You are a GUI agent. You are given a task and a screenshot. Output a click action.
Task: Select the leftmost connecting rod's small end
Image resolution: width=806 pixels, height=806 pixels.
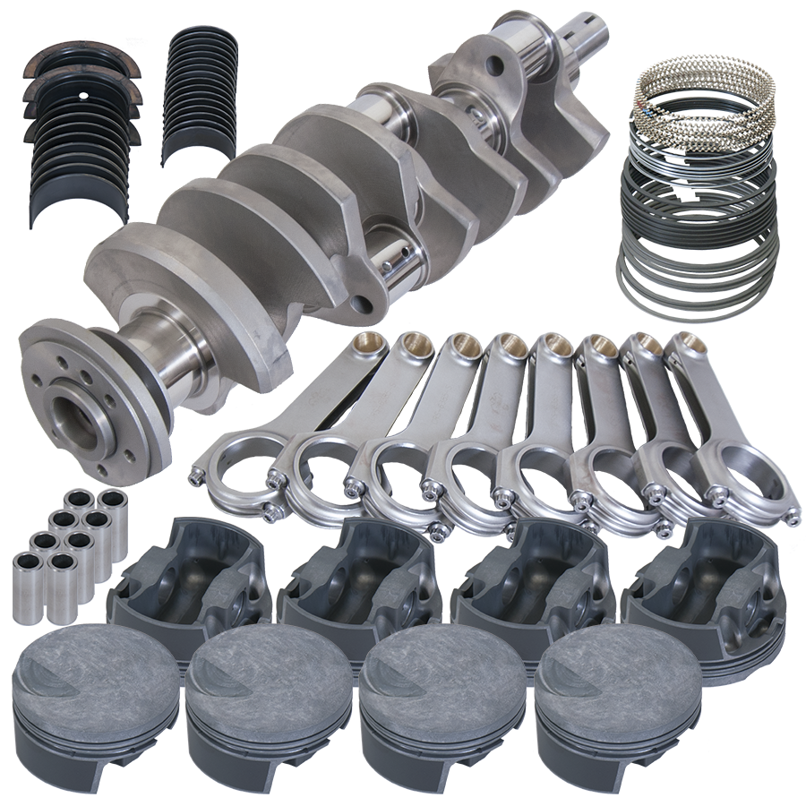point(368,344)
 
